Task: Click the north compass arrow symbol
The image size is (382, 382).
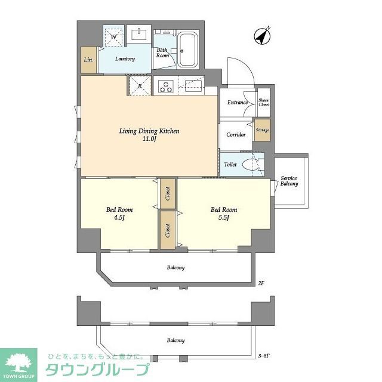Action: [x=261, y=36]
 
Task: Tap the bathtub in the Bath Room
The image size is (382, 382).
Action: [x=188, y=51]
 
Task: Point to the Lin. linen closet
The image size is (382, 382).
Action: [x=88, y=60]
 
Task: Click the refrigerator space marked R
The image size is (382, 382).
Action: [x=140, y=85]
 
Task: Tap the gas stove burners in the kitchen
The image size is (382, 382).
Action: [x=165, y=87]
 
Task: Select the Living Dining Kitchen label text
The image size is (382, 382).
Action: [x=149, y=131]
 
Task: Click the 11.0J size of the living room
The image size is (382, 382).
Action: [x=149, y=140]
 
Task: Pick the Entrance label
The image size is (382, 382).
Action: [x=237, y=103]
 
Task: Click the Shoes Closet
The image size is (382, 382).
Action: [x=263, y=103]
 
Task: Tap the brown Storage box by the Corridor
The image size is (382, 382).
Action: [x=262, y=130]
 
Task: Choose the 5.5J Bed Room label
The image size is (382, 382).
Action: [x=224, y=213]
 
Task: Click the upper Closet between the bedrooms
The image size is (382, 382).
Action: [x=168, y=194]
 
